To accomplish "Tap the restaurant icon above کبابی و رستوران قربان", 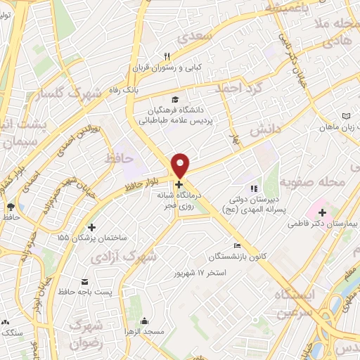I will pos(167,57).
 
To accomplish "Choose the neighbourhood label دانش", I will pos(266,130).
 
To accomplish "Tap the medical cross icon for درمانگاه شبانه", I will pos(179,184).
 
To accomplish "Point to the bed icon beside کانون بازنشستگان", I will pos(238,245).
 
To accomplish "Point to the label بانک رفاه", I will pos(126,91).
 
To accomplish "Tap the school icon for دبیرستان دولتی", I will pos(254,188).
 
